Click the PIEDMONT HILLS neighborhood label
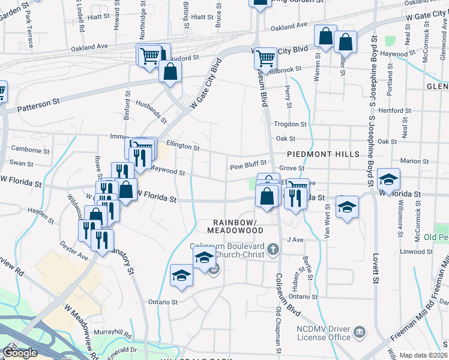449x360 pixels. [x=328, y=154]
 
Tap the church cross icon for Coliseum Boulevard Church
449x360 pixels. [x=273, y=248]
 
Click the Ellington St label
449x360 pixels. [x=182, y=146]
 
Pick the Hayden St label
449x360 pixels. [x=41, y=211]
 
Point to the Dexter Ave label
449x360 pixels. [x=73, y=251]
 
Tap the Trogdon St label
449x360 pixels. [x=290, y=124]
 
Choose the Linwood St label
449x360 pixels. [x=415, y=251]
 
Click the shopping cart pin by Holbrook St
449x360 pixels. [x=265, y=59]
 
